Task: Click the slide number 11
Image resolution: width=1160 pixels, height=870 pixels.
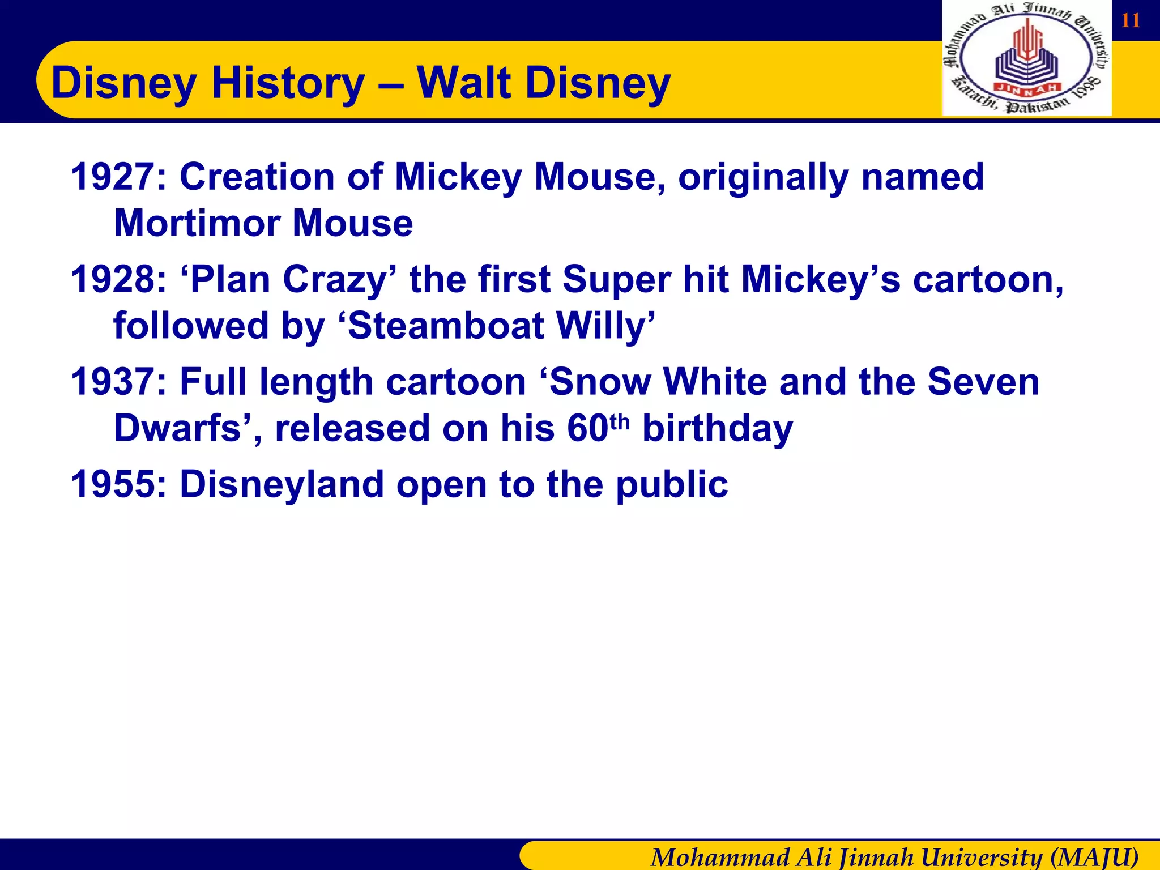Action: click(x=1131, y=20)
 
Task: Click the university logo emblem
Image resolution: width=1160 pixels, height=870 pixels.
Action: click(x=1027, y=58)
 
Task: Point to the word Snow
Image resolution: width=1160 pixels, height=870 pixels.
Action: click(x=600, y=382)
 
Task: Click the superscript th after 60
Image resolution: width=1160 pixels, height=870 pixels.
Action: click(x=620, y=421)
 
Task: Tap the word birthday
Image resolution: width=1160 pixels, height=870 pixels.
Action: click(x=718, y=429)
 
